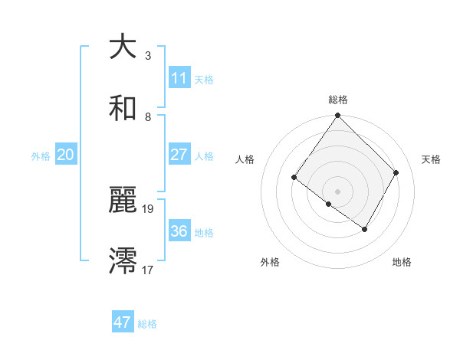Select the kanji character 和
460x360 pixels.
click(123, 108)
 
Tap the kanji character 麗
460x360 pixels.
click(123, 201)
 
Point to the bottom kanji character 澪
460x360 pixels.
click(123, 261)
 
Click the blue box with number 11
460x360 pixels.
click(179, 78)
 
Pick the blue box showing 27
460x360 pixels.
click(179, 155)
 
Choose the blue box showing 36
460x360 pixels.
click(179, 231)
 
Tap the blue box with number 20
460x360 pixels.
click(66, 155)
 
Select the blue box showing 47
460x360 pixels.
click(123, 322)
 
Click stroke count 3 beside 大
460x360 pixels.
click(147, 56)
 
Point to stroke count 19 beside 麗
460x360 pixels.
click(149, 208)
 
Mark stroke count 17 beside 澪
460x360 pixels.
click(149, 270)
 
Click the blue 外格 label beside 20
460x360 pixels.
click(41, 156)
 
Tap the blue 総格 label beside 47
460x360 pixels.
click(148, 324)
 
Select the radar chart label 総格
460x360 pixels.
click(338, 100)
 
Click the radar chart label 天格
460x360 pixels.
click(432, 159)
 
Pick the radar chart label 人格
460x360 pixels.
click(245, 159)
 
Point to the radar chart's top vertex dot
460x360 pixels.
click(338, 116)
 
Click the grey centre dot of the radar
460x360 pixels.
click(338, 191)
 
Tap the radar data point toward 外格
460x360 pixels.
click(329, 204)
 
